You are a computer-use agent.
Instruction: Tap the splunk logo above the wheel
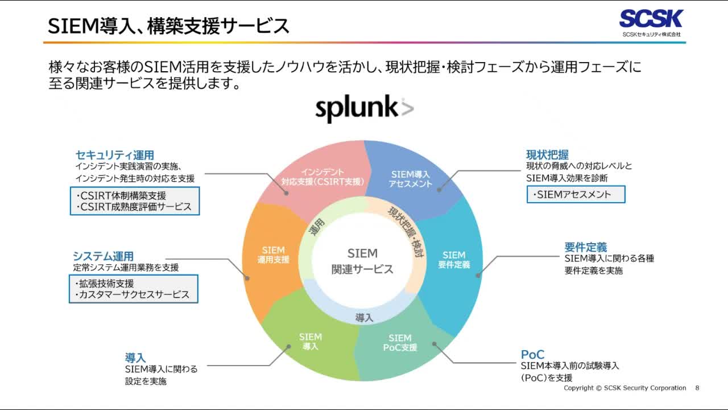tap(364, 108)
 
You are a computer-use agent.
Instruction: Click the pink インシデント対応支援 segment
tap(322, 177)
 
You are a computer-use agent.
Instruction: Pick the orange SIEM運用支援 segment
tap(274, 255)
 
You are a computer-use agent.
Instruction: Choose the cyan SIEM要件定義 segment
tap(454, 260)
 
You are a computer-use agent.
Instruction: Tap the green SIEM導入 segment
tap(311, 342)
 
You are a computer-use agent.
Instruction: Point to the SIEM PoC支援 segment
tap(400, 343)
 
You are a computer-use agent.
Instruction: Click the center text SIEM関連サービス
tap(362, 261)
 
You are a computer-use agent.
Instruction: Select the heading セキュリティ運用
tap(115, 155)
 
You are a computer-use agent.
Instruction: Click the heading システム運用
tap(103, 256)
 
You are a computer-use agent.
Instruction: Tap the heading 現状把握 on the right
tap(547, 155)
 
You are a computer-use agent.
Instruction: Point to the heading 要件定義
tap(585, 247)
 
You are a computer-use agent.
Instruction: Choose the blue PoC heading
tap(532, 355)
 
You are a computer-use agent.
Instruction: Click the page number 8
tap(697, 388)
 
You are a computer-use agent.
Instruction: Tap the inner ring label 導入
tap(364, 318)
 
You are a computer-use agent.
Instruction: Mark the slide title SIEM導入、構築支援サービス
tap(168, 26)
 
